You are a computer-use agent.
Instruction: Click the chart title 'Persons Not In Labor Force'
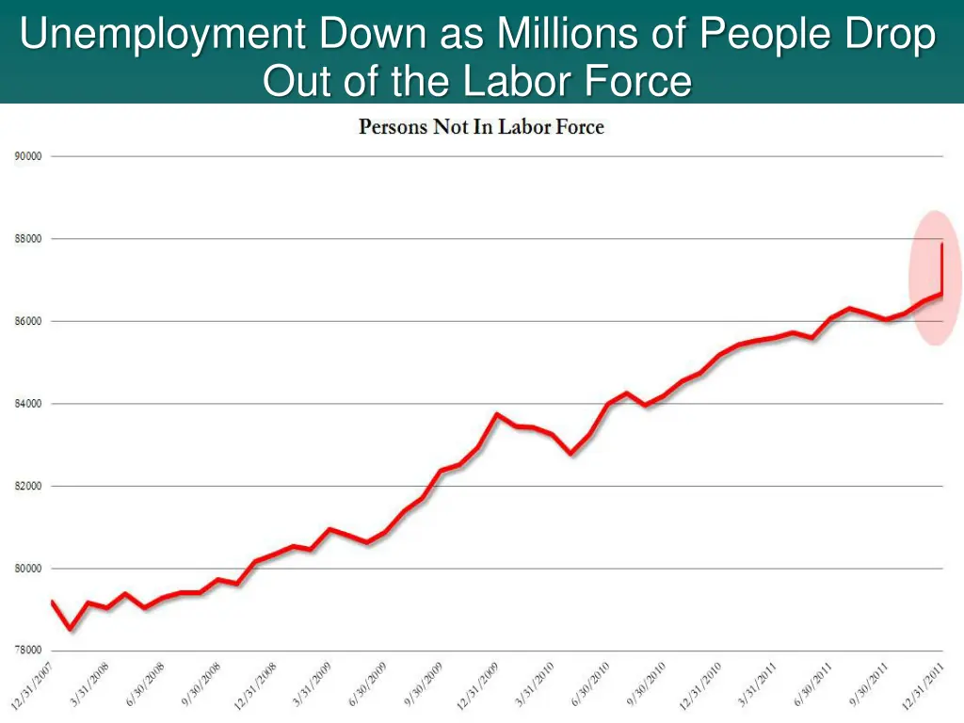click(x=481, y=127)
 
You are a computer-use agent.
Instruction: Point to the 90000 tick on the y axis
click(x=27, y=156)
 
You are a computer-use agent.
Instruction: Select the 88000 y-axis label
click(x=27, y=239)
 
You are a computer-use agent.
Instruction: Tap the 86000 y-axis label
click(x=27, y=322)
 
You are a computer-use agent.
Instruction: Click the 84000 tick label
click(x=27, y=404)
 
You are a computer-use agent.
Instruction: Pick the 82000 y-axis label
click(x=27, y=487)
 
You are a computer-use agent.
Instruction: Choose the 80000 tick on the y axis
click(x=27, y=569)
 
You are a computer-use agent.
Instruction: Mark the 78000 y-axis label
click(x=27, y=651)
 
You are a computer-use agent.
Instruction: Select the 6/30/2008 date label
click(x=145, y=683)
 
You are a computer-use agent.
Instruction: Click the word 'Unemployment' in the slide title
click(x=161, y=36)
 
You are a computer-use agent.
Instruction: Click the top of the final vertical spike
click(x=942, y=244)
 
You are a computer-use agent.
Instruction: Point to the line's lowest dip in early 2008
click(x=70, y=629)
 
